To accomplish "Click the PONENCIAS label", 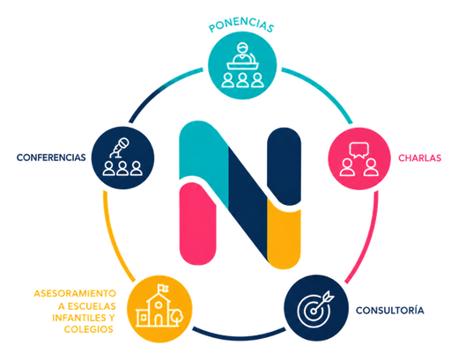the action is click(x=241, y=26).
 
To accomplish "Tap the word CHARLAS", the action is click(x=419, y=158).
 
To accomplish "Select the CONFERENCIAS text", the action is click(x=51, y=158).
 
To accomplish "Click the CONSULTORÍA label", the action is click(x=390, y=310).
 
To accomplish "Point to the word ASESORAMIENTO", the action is click(x=75, y=293).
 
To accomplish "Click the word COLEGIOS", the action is click(x=89, y=329).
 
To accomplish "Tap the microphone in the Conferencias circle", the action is click(x=120, y=148).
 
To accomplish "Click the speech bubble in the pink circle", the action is click(x=358, y=150).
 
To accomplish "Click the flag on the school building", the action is click(x=163, y=288).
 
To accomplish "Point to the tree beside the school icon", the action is click(x=178, y=317).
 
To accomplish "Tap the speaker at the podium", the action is click(x=242, y=53).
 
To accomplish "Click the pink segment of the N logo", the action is click(x=197, y=224).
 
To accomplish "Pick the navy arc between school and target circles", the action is click(x=239, y=336).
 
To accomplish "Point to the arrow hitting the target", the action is click(x=324, y=301).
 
